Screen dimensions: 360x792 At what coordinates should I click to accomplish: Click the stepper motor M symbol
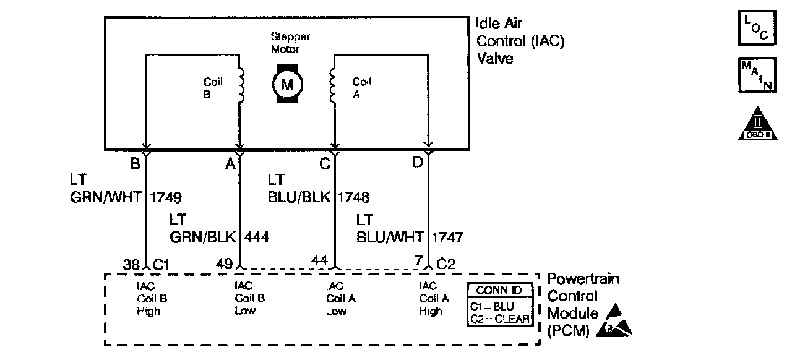[x=286, y=84]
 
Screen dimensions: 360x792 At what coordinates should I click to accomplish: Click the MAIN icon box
[x=757, y=75]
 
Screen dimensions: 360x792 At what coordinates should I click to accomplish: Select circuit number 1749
[x=166, y=198]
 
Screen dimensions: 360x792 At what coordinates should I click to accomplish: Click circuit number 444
[x=257, y=236]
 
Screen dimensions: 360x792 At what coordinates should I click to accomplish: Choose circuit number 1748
[x=353, y=198]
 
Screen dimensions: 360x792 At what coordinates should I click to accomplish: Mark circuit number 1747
[x=447, y=236]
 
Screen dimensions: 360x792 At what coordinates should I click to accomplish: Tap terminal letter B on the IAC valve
[x=134, y=164]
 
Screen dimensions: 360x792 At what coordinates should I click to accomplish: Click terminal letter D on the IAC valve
[x=417, y=164]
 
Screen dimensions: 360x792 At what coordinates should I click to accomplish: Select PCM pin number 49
[x=224, y=264]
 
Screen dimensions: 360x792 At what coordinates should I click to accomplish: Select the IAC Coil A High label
[x=431, y=299]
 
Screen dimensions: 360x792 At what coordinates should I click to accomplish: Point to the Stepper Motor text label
[x=289, y=43]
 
